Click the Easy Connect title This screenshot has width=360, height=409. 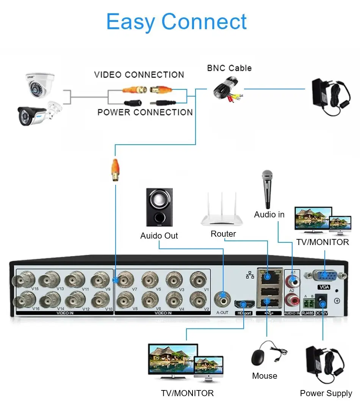pyautogui.click(x=177, y=22)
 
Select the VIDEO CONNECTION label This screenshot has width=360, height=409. pyautogui.click(x=139, y=75)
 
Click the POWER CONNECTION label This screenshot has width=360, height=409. pyautogui.click(x=145, y=112)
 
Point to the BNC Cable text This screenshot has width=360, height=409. pyautogui.click(x=229, y=68)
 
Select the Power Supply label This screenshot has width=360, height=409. pyautogui.click(x=326, y=393)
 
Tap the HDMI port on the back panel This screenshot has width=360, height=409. pyautogui.click(x=244, y=304)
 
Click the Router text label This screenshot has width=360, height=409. pyautogui.click(x=223, y=234)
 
